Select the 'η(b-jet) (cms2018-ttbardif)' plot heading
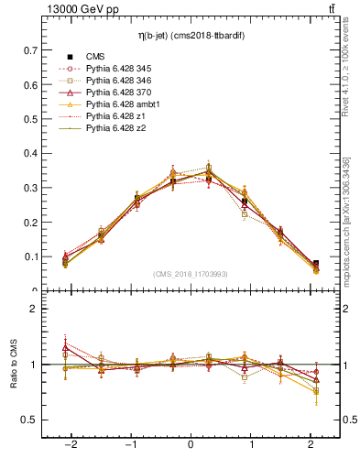(190, 35)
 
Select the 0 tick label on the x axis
(191, 444)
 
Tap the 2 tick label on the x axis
(312, 444)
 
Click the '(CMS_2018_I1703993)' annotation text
(190, 274)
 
